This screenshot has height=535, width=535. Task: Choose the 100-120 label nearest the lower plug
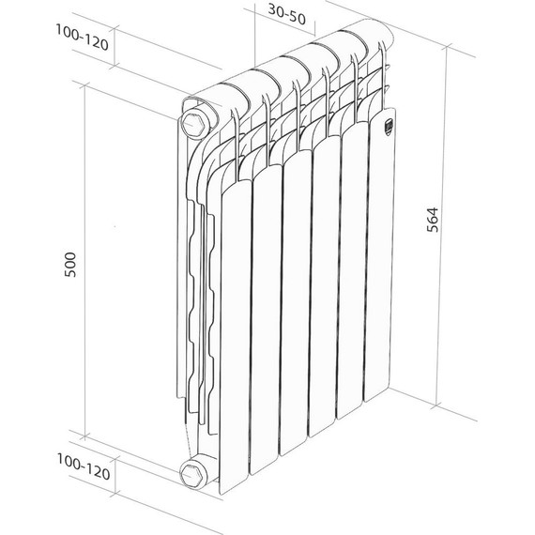(x=83, y=468)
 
